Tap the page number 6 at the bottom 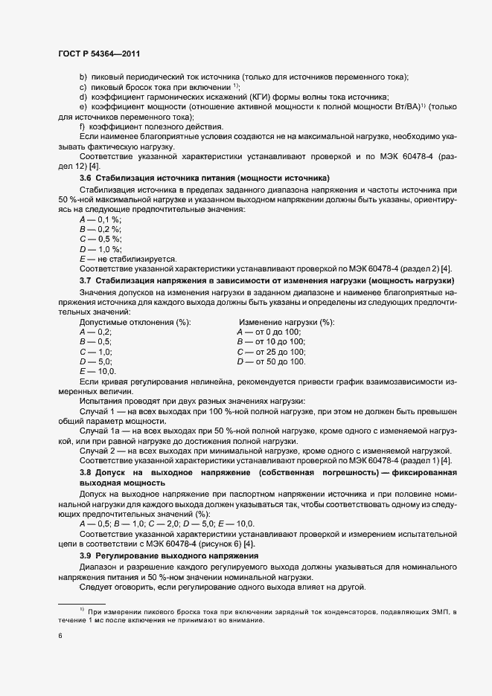[60, 637]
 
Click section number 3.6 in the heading [86, 179]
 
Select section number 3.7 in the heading [86, 280]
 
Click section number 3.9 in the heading [86, 556]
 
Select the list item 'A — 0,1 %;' [100, 220]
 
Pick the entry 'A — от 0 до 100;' [269, 332]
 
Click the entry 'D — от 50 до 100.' [271, 361]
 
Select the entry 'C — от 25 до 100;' [271, 351]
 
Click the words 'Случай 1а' [100, 431]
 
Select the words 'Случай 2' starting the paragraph [98, 451]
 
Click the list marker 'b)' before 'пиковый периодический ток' [83, 77]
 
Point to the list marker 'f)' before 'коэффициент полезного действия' [83, 126]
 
